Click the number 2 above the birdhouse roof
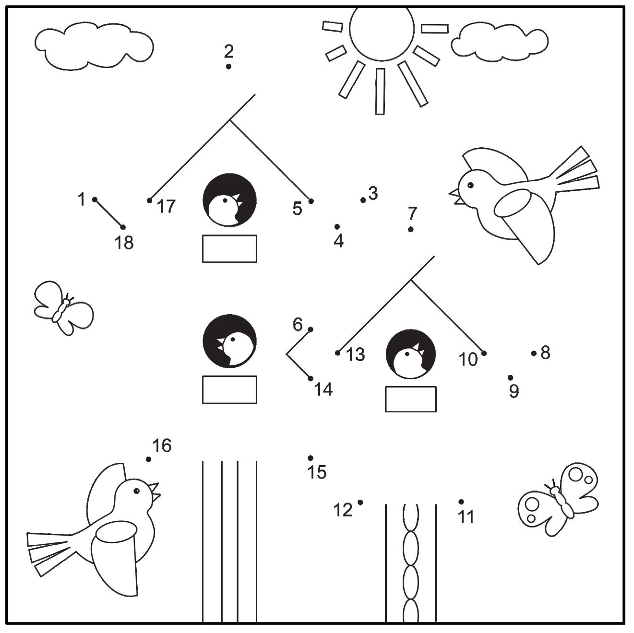click(228, 50)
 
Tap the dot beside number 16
click(149, 459)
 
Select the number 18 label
click(124, 243)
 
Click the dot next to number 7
click(411, 229)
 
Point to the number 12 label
click(343, 510)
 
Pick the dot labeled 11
click(461, 502)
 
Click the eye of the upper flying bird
click(470, 185)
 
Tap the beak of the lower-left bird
click(155, 492)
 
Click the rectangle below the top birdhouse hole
click(229, 248)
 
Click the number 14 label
click(323, 390)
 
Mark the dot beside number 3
click(363, 200)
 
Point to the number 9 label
click(514, 391)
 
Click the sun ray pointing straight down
click(380, 91)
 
